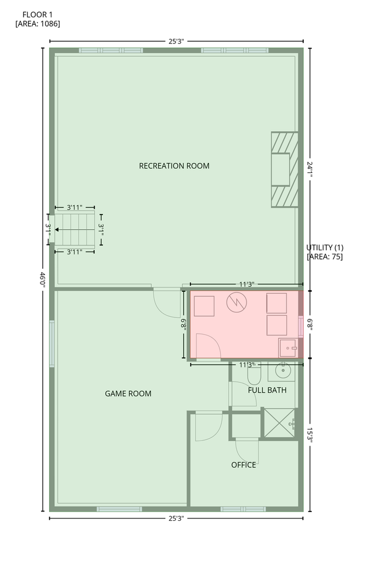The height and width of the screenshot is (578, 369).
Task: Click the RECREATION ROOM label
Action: click(x=174, y=166)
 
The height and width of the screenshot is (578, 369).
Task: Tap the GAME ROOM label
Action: click(x=128, y=394)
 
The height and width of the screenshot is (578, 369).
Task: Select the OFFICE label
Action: click(x=244, y=465)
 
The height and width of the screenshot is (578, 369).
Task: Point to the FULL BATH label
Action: click(x=267, y=390)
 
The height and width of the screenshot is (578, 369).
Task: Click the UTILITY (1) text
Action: click(x=325, y=248)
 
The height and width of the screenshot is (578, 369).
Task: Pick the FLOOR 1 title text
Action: click(x=38, y=15)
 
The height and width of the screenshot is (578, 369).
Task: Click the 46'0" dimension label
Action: click(x=42, y=280)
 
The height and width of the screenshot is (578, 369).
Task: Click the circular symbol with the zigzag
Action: click(x=236, y=302)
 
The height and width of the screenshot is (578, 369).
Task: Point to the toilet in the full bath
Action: click(x=254, y=375)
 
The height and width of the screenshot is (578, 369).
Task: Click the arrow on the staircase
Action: click(x=74, y=229)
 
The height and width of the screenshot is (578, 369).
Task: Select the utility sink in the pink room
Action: click(x=288, y=348)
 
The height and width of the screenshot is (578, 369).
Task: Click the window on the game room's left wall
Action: click(x=52, y=343)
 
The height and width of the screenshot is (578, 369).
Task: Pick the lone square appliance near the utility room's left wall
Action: click(x=204, y=306)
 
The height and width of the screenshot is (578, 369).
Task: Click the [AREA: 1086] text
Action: click(x=38, y=24)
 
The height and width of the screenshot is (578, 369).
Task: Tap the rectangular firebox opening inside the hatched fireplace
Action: click(x=280, y=169)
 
